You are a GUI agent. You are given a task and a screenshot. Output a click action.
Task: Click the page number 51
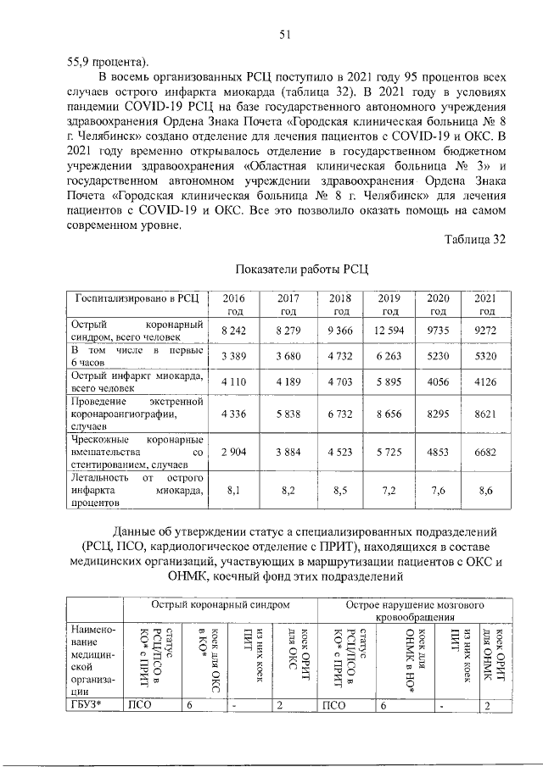(286, 34)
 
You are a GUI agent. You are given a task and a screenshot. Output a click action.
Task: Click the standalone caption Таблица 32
(474, 239)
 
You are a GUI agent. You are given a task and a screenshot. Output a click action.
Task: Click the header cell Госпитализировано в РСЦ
(137, 299)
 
